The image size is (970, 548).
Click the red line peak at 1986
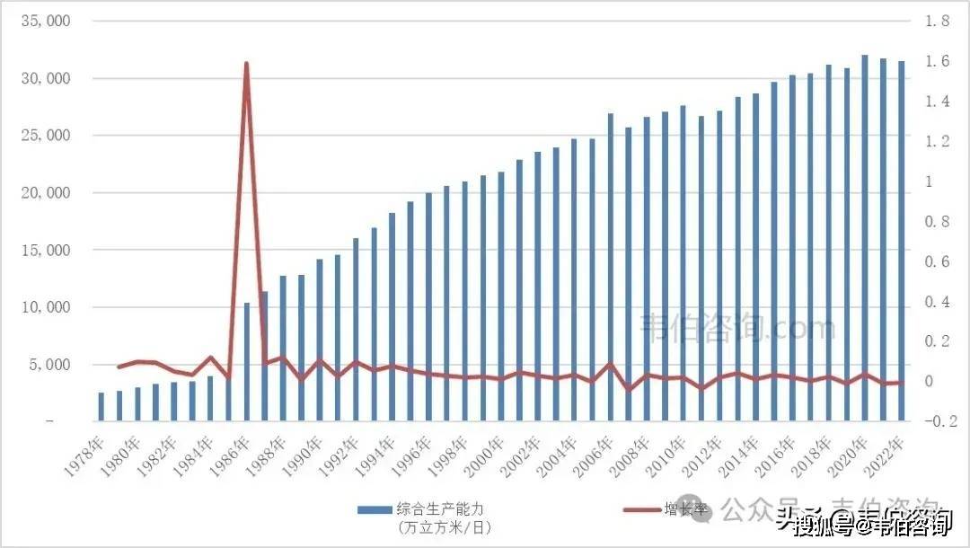pyautogui.click(x=246, y=64)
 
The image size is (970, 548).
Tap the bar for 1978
pyautogui.click(x=101, y=407)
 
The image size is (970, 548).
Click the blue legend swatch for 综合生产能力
pyautogui.click(x=374, y=510)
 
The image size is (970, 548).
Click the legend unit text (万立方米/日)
pyautogui.click(x=444, y=526)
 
